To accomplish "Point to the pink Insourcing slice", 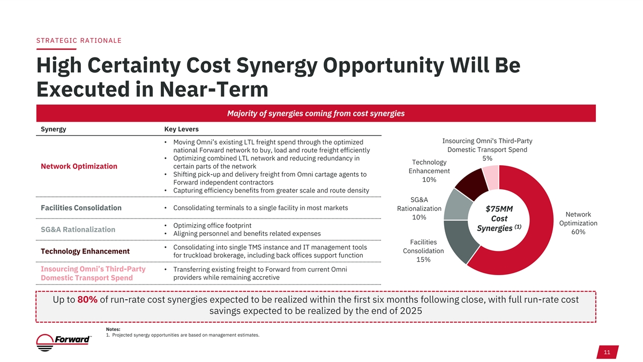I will pos(491,175).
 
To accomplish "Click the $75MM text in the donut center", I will pos(499,209).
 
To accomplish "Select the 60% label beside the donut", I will pos(578,232).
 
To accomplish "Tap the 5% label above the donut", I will pos(487,158).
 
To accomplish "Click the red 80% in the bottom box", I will pos(87,300).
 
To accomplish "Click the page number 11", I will pos(607,352).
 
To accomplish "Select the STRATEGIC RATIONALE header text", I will pos(79,41).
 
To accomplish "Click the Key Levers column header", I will pos(181,129).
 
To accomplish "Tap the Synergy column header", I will pos(54,129).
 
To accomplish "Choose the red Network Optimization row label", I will pos(79,166).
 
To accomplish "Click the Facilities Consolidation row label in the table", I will pos(81,208).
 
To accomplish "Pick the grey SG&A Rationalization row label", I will pos(78,230).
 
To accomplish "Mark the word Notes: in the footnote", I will pos(113,329).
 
